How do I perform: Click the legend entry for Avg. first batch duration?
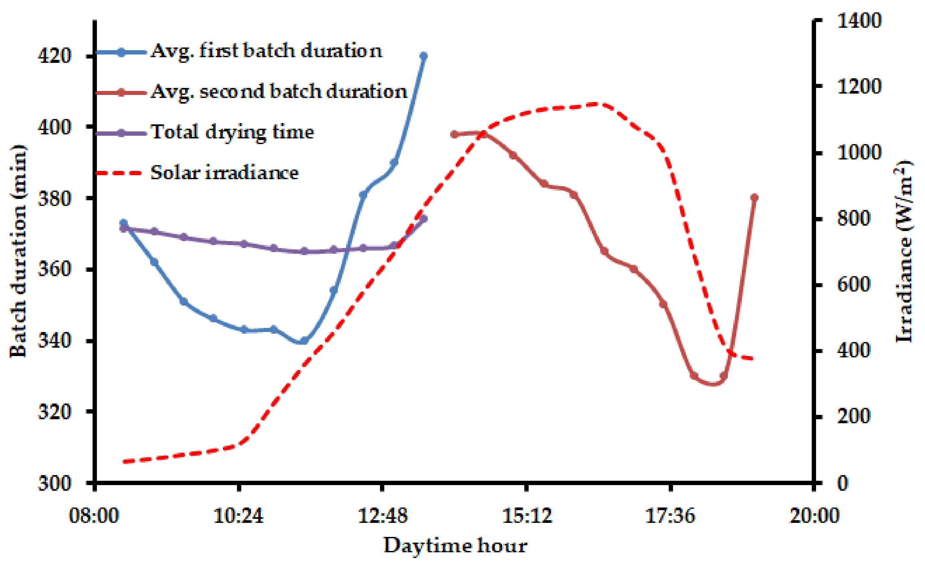266,51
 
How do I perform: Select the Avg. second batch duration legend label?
279,92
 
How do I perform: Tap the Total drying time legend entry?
232,132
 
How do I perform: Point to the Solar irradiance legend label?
224,173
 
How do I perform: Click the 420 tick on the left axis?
54,56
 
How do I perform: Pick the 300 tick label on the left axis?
54,483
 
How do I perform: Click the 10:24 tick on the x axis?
238,516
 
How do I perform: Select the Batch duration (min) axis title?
18,251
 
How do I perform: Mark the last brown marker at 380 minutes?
755,198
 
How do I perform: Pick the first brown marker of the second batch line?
454,134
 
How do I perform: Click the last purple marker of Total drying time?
424,219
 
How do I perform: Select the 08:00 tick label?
94,516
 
